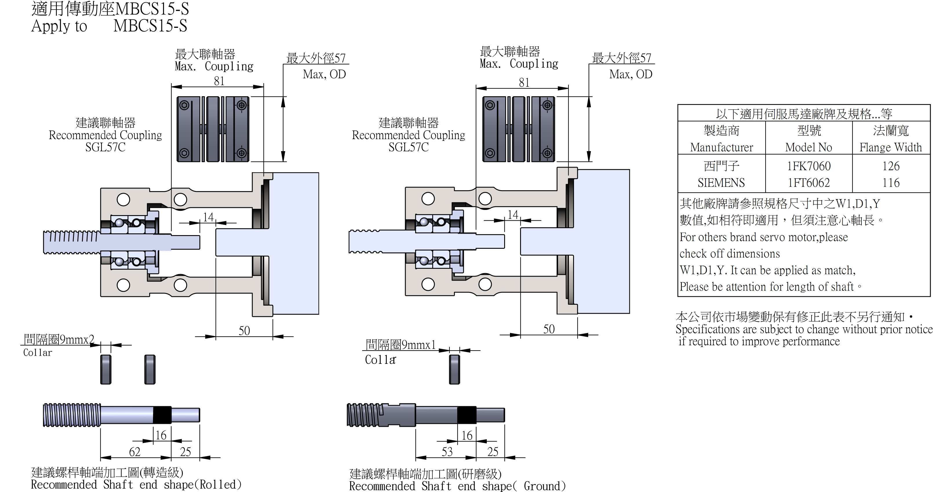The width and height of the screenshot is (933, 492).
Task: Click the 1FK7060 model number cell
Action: pos(808,166)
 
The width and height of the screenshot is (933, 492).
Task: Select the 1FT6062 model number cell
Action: pos(808,183)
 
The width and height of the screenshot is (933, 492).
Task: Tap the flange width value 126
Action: pos(891,166)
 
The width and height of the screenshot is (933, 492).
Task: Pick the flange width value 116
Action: pos(891,183)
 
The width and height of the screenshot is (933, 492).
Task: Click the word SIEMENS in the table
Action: pos(721,183)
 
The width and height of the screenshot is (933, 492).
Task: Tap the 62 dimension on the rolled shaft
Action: pos(135,452)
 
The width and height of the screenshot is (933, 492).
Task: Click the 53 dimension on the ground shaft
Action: pos(447,452)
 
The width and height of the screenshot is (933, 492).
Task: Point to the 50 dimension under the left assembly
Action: pos(244,331)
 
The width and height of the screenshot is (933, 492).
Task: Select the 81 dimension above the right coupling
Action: pos(524,83)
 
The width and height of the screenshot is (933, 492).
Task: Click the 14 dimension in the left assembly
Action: pos(208,217)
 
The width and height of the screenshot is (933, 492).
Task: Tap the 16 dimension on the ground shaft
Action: pos(467,435)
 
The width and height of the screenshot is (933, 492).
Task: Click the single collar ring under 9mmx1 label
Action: pos(454,369)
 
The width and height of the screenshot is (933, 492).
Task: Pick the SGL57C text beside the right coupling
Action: pos(408,147)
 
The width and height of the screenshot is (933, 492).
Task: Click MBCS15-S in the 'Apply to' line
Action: pos(150,26)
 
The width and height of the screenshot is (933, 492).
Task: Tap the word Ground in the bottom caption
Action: pos(542,486)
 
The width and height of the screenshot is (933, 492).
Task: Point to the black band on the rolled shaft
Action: pos(162,415)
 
